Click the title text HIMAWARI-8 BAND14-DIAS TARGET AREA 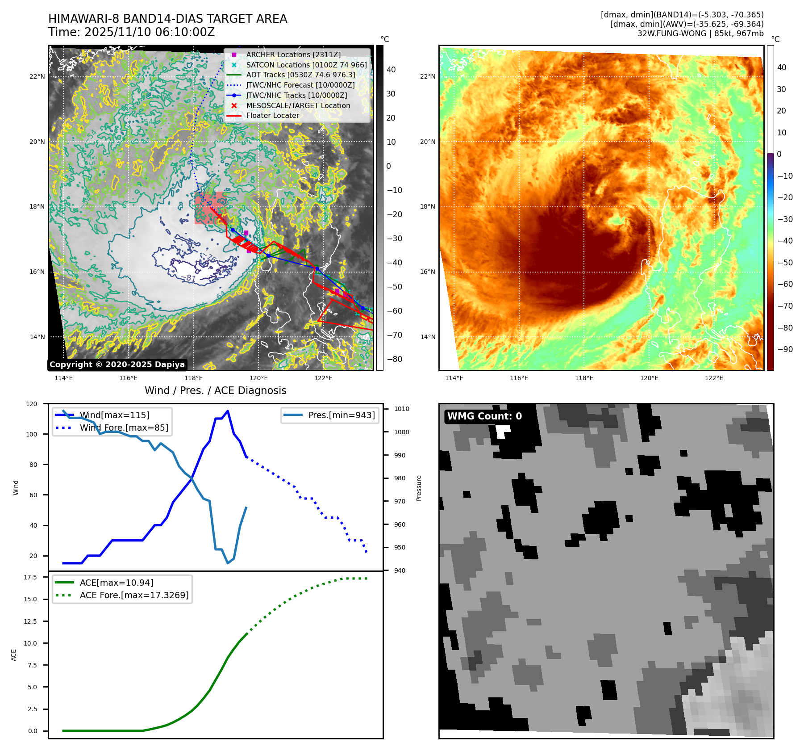pyautogui.click(x=167, y=19)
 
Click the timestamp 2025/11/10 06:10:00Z pyautogui.click(x=150, y=32)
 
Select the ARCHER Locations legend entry pyautogui.click(x=293, y=55)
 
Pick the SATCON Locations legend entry pyautogui.click(x=306, y=65)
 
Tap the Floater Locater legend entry pyautogui.click(x=272, y=115)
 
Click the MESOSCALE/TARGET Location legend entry pyautogui.click(x=298, y=105)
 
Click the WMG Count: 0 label pyautogui.click(x=484, y=416)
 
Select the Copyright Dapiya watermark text pyautogui.click(x=117, y=365)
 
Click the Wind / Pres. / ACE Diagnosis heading pyautogui.click(x=215, y=390)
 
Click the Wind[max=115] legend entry pyautogui.click(x=114, y=415)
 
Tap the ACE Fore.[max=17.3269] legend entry pyautogui.click(x=134, y=595)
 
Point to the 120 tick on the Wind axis pyautogui.click(x=32, y=404)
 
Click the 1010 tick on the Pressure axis pyautogui.click(x=401, y=409)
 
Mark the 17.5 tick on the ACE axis pyautogui.click(x=30, y=577)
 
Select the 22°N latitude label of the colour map pyautogui.click(x=427, y=76)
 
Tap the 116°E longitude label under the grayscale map pyautogui.click(x=128, y=378)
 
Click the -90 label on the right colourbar pyautogui.click(x=785, y=349)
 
